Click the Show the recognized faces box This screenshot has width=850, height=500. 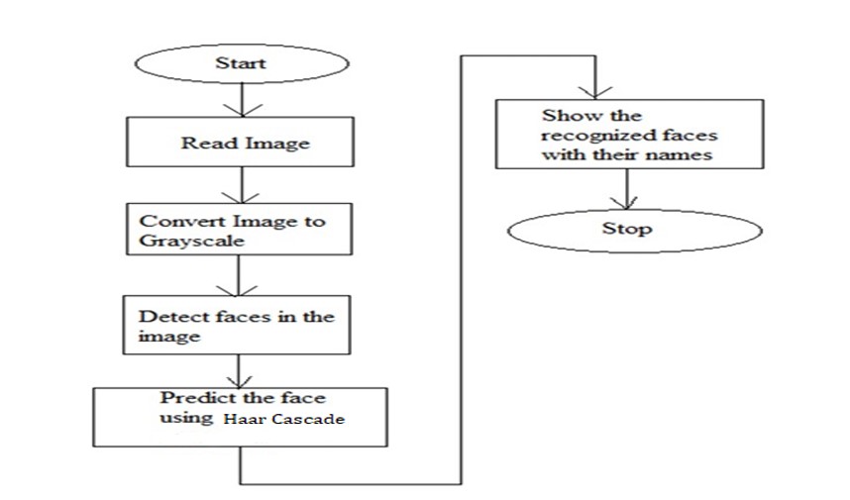[x=630, y=136]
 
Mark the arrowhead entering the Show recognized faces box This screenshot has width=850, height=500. [x=593, y=90]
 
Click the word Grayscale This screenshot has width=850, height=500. [x=183, y=241]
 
